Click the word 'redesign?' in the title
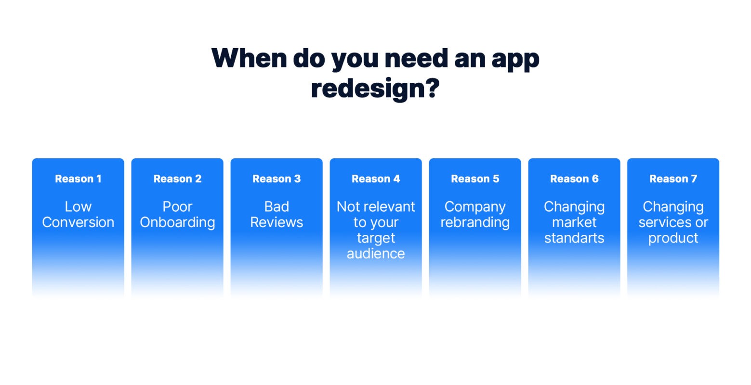tap(375, 89)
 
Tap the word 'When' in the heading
tap(249, 58)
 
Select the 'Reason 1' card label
tap(78, 179)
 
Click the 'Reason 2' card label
tap(177, 179)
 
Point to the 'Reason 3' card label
tap(277, 179)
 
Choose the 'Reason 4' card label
tap(376, 179)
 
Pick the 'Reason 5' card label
tap(475, 179)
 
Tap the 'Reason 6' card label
tap(574, 179)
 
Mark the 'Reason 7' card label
tap(673, 179)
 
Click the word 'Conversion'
tap(78, 222)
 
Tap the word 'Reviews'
tap(277, 222)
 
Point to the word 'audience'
tap(376, 254)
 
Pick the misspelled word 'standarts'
tap(574, 238)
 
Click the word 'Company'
tap(475, 207)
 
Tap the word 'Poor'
tap(177, 207)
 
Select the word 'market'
tap(574, 222)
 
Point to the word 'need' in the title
tap(416, 58)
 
